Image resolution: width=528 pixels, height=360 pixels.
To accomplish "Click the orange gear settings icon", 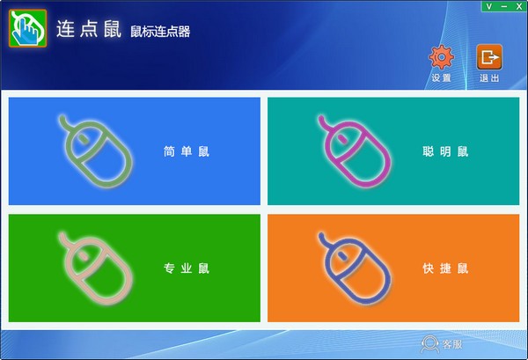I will coord(440,57).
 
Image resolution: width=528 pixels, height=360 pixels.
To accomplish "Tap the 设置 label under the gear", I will coord(441,78).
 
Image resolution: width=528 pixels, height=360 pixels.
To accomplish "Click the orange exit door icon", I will coord(488,57).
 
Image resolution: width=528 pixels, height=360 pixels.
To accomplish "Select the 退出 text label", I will coord(489,78).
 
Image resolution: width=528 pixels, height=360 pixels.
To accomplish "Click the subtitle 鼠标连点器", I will coord(160,33).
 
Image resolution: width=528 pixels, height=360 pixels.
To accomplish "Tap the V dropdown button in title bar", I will coord(480,6).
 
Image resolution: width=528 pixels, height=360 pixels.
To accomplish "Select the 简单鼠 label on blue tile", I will coord(187,151).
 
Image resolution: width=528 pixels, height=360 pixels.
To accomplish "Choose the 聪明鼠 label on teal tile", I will coord(445,151).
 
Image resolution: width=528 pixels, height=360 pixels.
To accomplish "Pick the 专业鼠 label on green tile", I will coord(187,268).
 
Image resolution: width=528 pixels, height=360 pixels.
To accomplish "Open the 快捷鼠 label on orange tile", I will coord(445,268).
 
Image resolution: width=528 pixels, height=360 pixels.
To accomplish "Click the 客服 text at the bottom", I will coord(451,342).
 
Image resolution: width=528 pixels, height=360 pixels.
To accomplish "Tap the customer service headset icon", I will coord(430,342).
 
